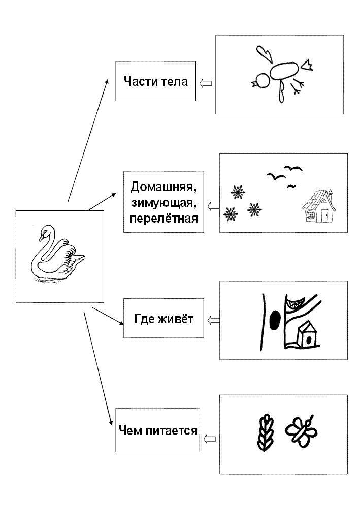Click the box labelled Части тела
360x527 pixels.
[155, 81]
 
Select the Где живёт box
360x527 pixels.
[163, 318]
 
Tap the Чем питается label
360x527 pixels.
[158, 430]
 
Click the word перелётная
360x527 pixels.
[164, 219]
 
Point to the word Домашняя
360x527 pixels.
[163, 187]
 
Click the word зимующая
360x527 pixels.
[163, 203]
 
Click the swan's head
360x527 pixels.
[45, 232]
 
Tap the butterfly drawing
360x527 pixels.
[301, 431]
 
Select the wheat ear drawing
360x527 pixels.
[266, 432]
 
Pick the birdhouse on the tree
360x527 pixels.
[308, 334]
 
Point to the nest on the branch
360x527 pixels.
[295, 303]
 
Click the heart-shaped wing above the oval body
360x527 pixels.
[265, 54]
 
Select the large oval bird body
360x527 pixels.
[284, 71]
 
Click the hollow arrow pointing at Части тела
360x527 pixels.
[206, 83]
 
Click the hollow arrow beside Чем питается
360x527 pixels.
[210, 438]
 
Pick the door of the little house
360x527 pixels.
[324, 215]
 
